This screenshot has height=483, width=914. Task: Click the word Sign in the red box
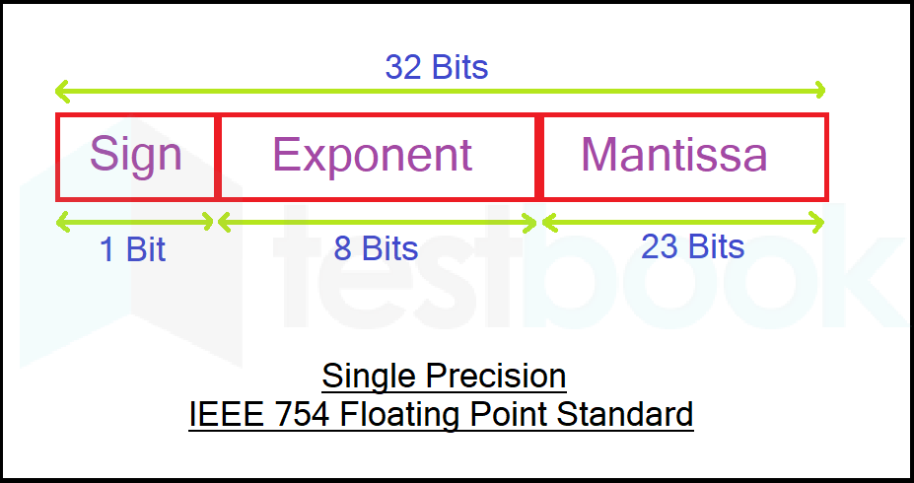coord(136,155)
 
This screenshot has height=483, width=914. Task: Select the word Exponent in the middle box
coord(373,155)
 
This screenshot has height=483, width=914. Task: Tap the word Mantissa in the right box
coord(674,155)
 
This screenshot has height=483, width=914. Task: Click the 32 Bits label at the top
coord(437,67)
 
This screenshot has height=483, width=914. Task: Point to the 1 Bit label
coord(133,249)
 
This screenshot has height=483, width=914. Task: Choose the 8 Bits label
coord(376,248)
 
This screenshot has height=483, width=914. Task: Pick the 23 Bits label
coord(692,245)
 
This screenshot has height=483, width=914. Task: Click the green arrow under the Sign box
coord(136,222)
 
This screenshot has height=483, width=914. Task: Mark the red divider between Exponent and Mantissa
coord(538,157)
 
